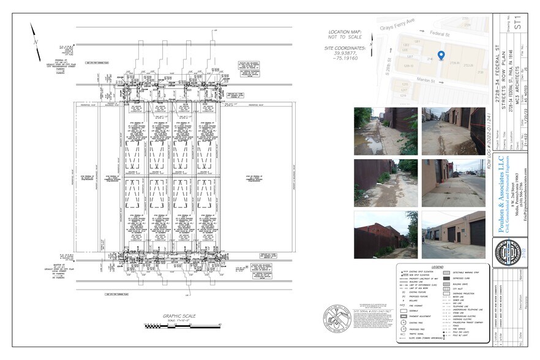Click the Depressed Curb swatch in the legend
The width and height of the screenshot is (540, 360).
(446, 277)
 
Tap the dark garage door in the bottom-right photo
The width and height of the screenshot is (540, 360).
(477, 233)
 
